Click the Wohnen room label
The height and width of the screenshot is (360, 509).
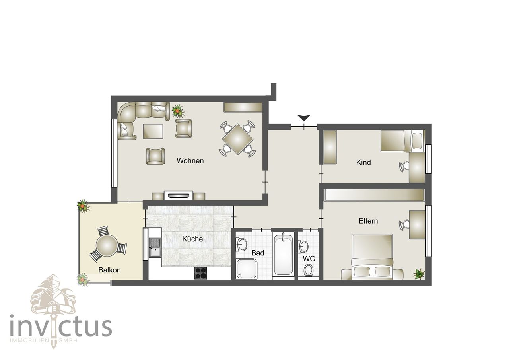tap(190, 161)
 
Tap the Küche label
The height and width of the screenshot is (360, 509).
tap(192, 239)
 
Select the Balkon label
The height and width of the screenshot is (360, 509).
tap(109, 270)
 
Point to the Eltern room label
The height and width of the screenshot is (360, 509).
tap(368, 221)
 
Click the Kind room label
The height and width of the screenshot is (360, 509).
tap(363, 162)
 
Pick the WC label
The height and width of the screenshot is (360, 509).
tap(309, 259)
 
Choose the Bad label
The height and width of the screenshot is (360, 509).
tap(258, 253)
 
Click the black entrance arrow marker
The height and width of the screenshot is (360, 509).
tap(304, 118)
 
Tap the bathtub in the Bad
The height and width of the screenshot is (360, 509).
tap(283, 255)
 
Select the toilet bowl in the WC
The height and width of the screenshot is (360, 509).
tap(308, 271)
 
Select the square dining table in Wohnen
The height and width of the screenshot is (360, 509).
tap(238, 139)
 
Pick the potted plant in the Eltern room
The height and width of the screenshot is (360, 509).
tap(419, 273)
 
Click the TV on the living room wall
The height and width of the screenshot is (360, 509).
tap(179, 195)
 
